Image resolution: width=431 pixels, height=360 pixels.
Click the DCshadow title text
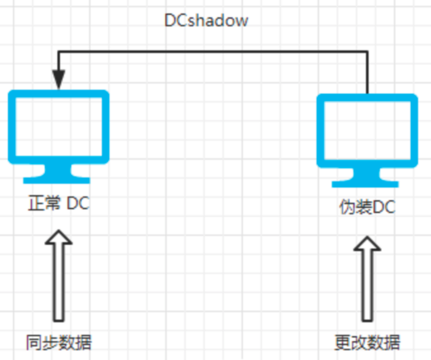click(x=206, y=21)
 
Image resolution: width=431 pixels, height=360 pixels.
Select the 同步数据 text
click(x=59, y=342)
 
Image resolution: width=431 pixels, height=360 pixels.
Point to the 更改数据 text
click(x=367, y=342)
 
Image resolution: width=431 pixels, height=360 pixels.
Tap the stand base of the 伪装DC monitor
click(x=367, y=182)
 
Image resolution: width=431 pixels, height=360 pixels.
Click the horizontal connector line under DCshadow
click(x=214, y=52)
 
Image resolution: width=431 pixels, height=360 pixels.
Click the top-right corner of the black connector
click(x=367, y=52)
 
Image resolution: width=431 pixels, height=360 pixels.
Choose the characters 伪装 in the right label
click(x=355, y=207)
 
